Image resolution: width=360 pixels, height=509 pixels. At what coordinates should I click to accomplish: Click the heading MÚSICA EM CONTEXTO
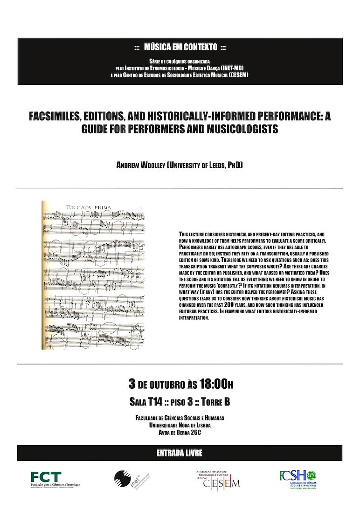(x=180, y=47)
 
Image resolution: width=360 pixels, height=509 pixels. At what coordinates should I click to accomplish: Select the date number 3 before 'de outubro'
(x=132, y=384)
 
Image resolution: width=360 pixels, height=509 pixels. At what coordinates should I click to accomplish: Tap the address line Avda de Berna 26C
(x=180, y=433)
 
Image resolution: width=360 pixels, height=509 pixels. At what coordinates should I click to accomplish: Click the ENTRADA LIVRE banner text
(x=180, y=453)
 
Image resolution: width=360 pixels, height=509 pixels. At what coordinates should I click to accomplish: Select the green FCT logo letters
(x=46, y=476)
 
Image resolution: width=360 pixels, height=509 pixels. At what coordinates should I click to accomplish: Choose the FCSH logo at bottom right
(x=298, y=476)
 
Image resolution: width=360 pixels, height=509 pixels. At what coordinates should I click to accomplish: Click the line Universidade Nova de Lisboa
(x=180, y=426)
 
